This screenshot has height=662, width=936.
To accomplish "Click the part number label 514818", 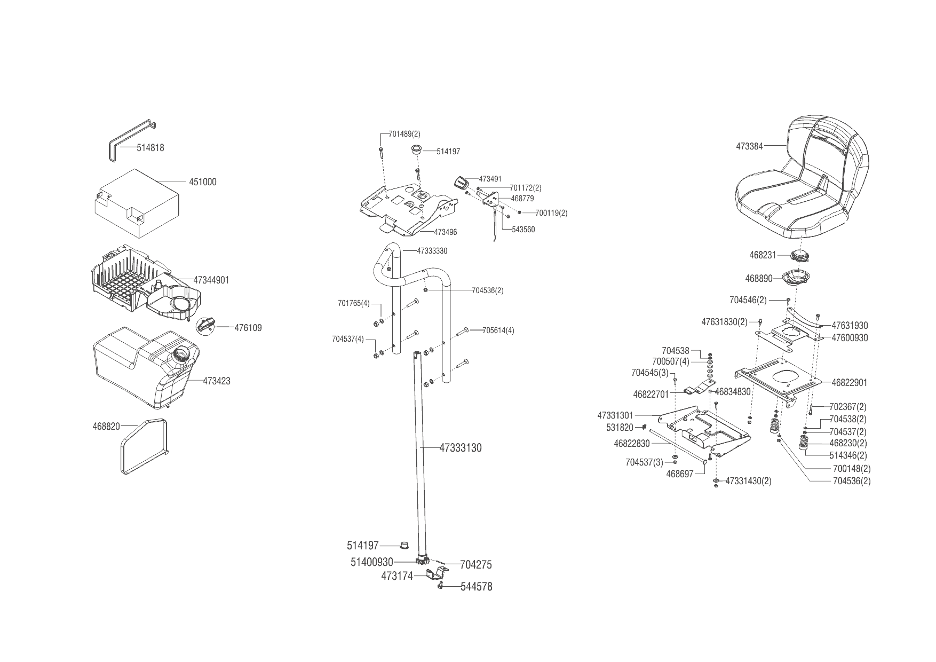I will (150, 148).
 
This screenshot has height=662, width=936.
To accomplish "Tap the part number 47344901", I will (211, 280).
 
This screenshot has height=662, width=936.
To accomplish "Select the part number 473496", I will (445, 232).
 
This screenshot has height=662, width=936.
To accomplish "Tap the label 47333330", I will (432, 250).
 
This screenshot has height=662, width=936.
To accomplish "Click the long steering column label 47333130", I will (460, 448).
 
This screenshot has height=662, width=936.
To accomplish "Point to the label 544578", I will (476, 587).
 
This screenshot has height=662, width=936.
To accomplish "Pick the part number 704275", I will (475, 565).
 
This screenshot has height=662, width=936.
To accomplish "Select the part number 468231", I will (763, 255).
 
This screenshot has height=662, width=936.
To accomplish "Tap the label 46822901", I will (849, 382).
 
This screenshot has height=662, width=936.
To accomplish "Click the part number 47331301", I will (615, 415).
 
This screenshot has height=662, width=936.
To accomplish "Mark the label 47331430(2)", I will (748, 481).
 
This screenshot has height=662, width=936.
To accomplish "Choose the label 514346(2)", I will (848, 455).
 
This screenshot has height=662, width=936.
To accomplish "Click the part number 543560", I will (523, 230).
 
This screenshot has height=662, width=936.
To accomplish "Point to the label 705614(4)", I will (498, 330).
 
